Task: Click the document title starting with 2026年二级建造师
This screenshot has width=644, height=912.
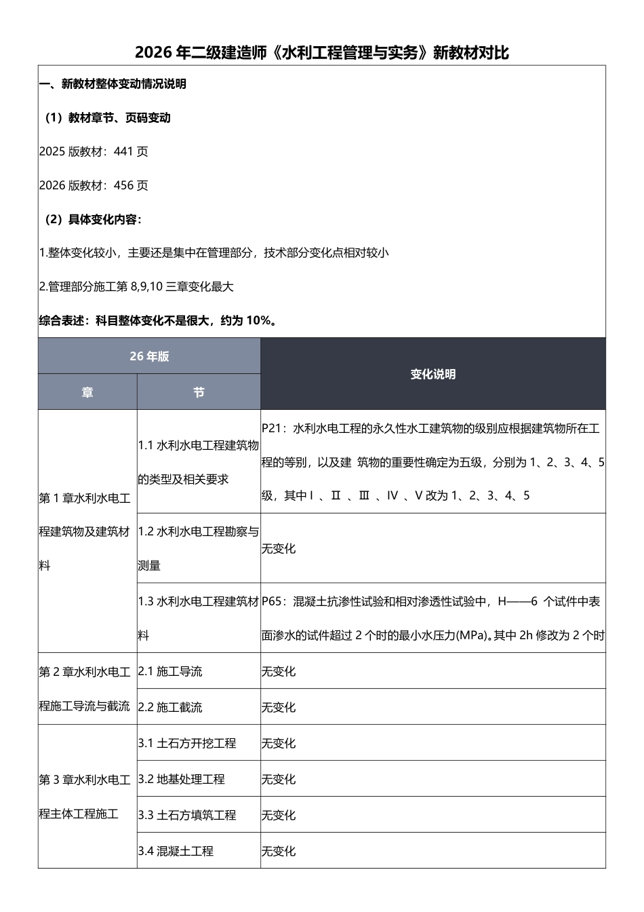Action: coord(322,52)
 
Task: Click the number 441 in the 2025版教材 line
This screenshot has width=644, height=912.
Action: coord(123,152)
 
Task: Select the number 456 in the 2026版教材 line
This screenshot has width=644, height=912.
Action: coord(123,186)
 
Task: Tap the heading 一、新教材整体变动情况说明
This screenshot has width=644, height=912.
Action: coord(113,84)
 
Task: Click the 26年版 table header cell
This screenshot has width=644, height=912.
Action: coord(149,356)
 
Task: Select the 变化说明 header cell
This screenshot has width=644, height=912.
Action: coord(432,374)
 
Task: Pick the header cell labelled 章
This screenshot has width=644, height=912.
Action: coord(87,392)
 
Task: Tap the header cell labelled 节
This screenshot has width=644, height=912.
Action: coord(199,392)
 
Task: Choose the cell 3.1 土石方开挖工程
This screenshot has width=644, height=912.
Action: coord(187,744)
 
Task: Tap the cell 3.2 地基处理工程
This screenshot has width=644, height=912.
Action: coord(182,780)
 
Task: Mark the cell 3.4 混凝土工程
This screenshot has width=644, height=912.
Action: coord(176,852)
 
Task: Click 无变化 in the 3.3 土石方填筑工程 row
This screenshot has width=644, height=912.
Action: coord(279,816)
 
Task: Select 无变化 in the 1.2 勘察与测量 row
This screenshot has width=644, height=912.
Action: coord(279,549)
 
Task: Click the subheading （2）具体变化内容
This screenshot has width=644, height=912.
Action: coord(91,220)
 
